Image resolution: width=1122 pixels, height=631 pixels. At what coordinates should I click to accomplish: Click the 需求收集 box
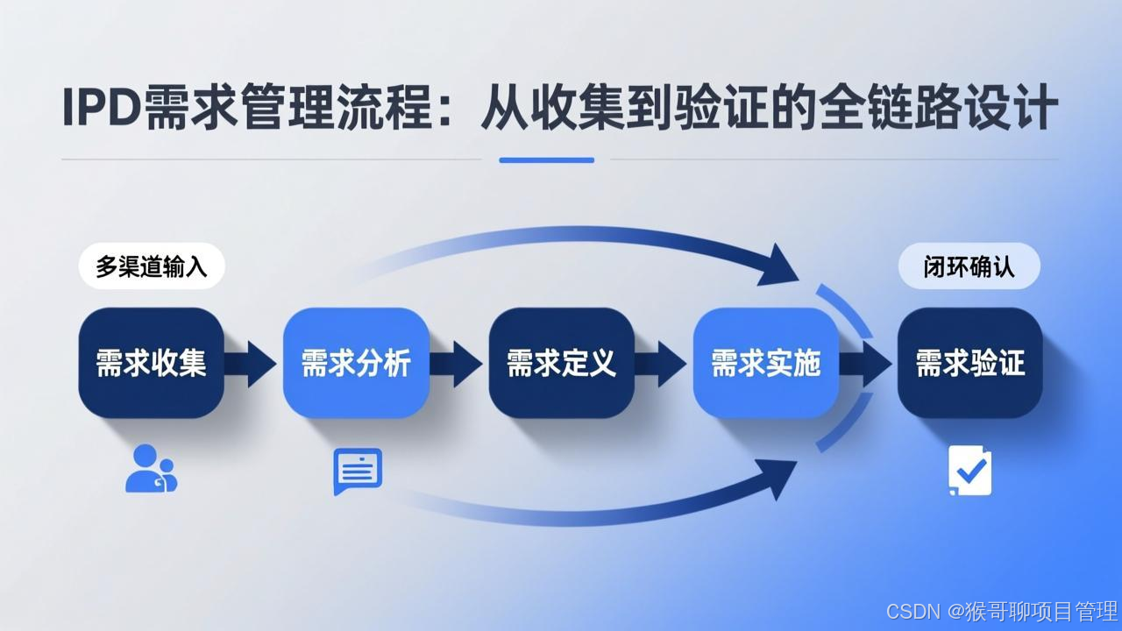pos(151,362)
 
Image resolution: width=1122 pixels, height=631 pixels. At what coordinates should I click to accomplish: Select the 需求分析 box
pos(356,362)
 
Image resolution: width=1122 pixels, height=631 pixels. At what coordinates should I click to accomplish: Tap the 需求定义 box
pos(561,362)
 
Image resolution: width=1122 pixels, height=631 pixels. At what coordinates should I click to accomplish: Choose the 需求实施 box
pos(765,362)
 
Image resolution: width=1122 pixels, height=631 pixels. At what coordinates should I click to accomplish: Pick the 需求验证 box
pos(969,362)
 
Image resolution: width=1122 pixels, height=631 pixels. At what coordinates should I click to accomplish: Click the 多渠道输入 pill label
pos(152,266)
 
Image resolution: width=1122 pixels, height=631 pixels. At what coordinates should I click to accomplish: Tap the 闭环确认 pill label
pos(969,266)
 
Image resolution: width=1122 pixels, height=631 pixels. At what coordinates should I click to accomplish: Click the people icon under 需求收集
pos(150,469)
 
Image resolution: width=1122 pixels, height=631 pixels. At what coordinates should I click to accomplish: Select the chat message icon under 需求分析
pos(358,471)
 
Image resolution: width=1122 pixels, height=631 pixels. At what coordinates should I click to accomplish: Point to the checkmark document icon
pos(969,471)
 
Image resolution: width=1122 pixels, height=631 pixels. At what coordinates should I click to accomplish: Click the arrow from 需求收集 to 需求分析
pos(252,363)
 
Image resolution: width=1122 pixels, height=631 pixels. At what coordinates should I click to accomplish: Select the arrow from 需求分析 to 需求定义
pos(458,363)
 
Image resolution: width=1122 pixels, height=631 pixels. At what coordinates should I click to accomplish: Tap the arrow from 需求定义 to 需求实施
pos(663,363)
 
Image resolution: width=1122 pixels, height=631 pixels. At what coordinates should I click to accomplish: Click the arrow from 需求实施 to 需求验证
pos(868,363)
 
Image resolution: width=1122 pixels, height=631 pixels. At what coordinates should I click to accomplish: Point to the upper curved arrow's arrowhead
pos(778,265)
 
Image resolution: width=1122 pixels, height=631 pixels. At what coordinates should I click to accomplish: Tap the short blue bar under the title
pos(546,160)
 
